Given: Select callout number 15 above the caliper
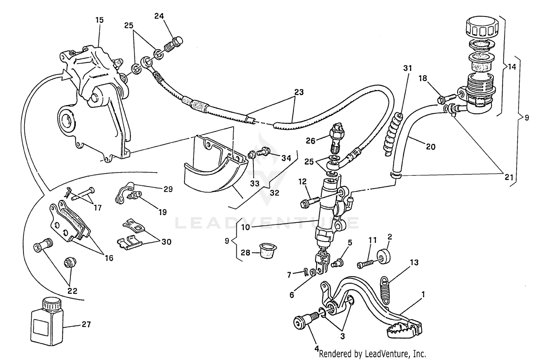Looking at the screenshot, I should tap(99, 20).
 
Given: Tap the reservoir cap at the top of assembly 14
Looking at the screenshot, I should tap(480, 28).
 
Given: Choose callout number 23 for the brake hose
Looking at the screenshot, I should tap(299, 92).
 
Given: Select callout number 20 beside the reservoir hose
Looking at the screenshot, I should tap(430, 147).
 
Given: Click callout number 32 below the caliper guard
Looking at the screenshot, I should tap(274, 193).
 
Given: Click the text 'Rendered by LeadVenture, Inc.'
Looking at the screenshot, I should tap(372, 354).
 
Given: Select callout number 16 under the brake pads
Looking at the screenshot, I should tap(109, 258).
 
